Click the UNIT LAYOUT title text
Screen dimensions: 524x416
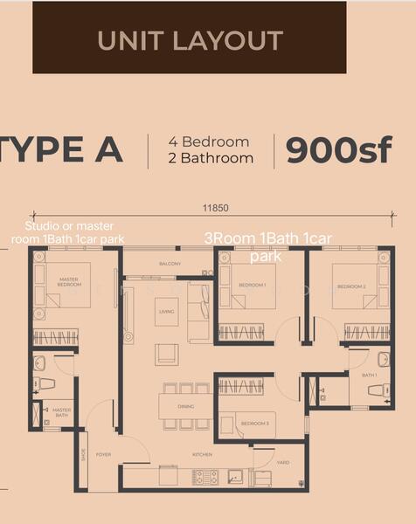click(x=190, y=40)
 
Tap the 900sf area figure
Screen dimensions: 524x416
click(x=338, y=150)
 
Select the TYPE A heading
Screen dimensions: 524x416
click(x=61, y=150)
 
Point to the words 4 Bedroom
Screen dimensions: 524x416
click(x=209, y=141)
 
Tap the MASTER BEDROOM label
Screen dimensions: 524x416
click(x=69, y=282)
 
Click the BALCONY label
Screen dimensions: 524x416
click(x=170, y=264)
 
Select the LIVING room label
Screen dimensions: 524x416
click(x=166, y=311)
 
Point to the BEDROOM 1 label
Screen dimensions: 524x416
click(x=253, y=286)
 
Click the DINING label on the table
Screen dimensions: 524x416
click(x=184, y=406)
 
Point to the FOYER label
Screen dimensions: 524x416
click(x=103, y=455)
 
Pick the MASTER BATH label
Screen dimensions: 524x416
click(x=61, y=412)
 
